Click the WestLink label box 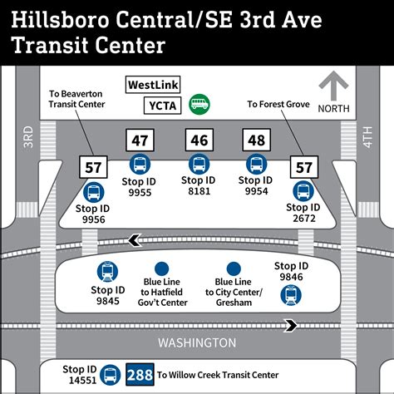[154, 85]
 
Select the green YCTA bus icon [199, 104]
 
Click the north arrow [335, 89]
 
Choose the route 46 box [198, 140]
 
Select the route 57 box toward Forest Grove [302, 167]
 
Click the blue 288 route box [139, 375]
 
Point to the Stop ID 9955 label [140, 185]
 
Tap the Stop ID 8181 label [198, 185]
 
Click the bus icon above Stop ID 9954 [255, 163]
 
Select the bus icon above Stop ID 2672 [302, 190]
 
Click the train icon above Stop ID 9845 [107, 271]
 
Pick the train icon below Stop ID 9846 [289, 293]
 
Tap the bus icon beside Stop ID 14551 [109, 375]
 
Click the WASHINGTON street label [197, 342]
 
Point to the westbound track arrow [131, 242]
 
